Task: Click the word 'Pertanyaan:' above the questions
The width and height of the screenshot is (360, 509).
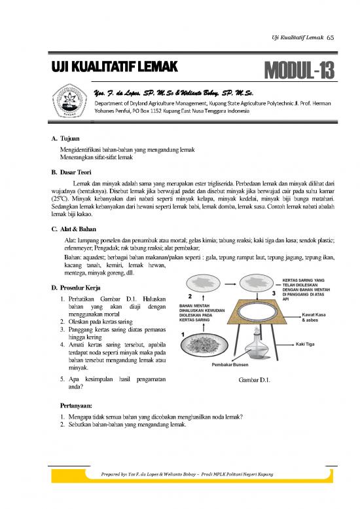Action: coord(78,405)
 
